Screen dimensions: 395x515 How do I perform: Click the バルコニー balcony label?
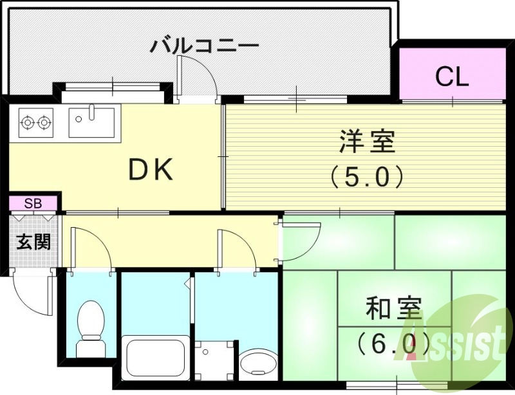tap(205, 46)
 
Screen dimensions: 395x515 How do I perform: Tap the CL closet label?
tap(452, 77)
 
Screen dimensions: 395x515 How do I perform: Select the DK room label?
tap(150, 170)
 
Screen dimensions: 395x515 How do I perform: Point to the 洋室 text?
tap(367, 142)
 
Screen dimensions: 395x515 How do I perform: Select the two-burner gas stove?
tap(35, 121)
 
